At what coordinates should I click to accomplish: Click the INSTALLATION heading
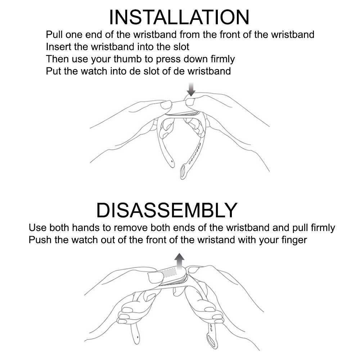pyautogui.click(x=179, y=17)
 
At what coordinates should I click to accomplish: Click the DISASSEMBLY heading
pyautogui.click(x=167, y=210)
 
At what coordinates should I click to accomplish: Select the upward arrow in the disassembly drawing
pyautogui.click(x=179, y=262)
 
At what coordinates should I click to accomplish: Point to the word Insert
pyautogui.click(x=59, y=46)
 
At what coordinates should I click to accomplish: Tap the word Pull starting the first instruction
pyautogui.click(x=54, y=35)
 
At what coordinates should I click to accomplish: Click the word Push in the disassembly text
pyautogui.click(x=40, y=240)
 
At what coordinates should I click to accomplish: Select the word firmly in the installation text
pyautogui.click(x=223, y=59)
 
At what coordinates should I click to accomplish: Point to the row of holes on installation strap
pyautogui.click(x=195, y=154)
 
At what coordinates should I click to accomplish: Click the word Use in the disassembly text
pyautogui.click(x=37, y=228)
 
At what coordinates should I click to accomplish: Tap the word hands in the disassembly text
pyautogui.click(x=86, y=228)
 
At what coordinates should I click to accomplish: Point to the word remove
pyautogui.click(x=131, y=228)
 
